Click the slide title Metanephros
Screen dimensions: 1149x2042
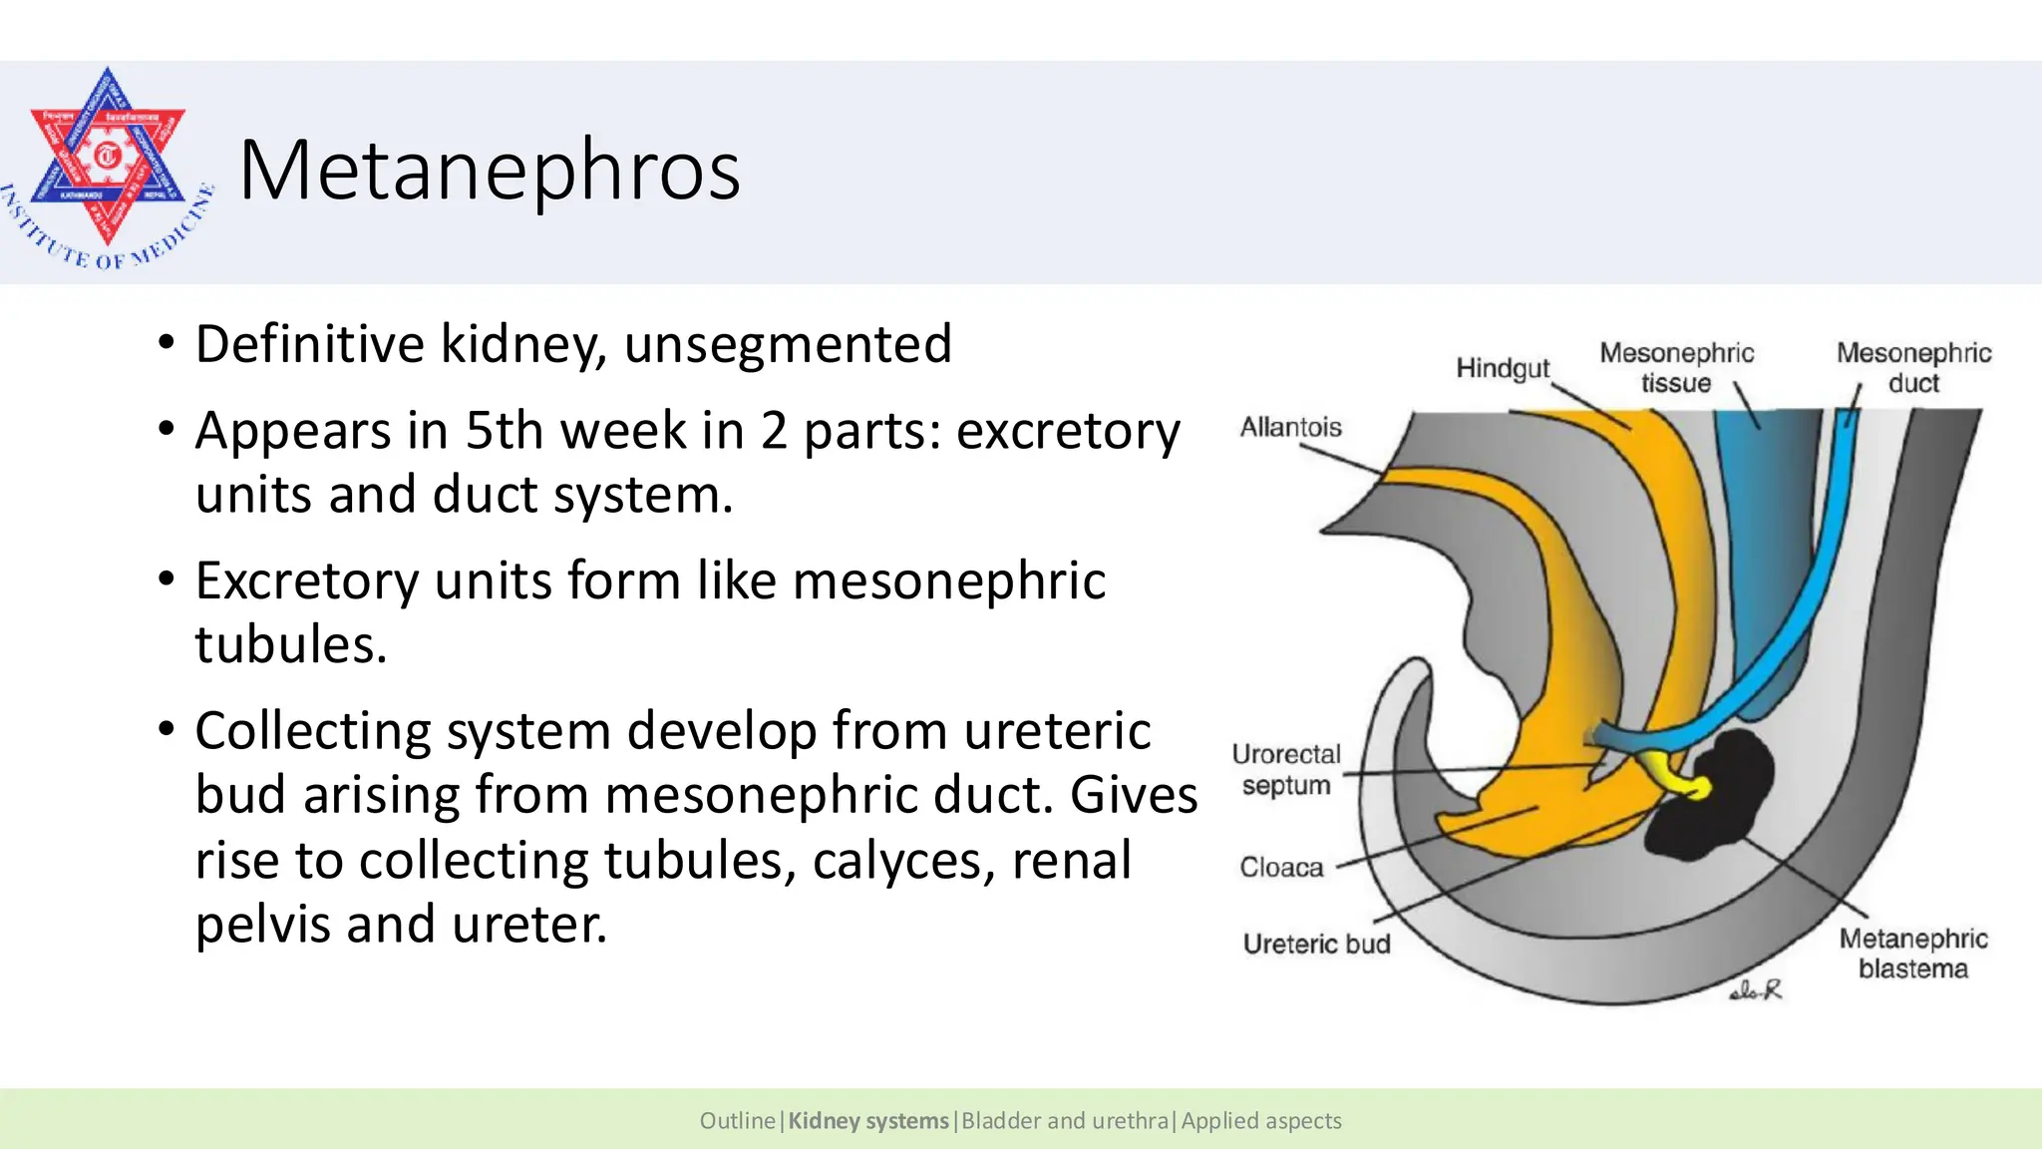(x=489, y=170)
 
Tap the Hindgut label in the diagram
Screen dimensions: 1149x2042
(x=1502, y=368)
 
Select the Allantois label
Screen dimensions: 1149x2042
(x=1290, y=427)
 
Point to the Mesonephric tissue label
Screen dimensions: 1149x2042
(x=1676, y=368)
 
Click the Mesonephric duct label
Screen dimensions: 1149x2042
(x=1913, y=368)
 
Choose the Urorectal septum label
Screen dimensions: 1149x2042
(x=1286, y=769)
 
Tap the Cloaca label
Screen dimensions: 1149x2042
(x=1281, y=867)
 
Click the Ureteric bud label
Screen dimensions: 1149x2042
(x=1316, y=944)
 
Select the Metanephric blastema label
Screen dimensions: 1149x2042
(x=1912, y=954)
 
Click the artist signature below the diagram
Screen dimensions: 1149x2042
(x=1756, y=990)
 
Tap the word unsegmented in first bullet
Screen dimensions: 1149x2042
(x=788, y=344)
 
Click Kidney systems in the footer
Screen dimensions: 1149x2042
(x=867, y=1121)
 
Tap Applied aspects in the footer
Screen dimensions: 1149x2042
(x=1261, y=1121)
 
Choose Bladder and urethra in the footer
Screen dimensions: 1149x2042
(x=1064, y=1121)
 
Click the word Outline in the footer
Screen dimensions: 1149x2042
(x=737, y=1121)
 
